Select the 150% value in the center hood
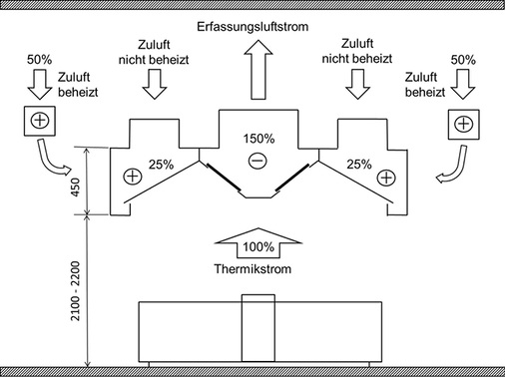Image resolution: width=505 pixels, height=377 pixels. pyautogui.click(x=256, y=137)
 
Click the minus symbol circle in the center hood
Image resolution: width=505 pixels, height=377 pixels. pyautogui.click(x=256, y=160)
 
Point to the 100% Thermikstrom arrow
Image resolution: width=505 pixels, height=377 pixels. pyautogui.click(x=256, y=243)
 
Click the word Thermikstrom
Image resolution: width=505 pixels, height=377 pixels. pyautogui.click(x=256, y=269)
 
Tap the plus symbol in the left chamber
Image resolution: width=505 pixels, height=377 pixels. pyautogui.click(x=131, y=177)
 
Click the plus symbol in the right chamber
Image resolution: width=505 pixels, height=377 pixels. pyautogui.click(x=383, y=177)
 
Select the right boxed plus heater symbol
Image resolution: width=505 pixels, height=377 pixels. pyautogui.click(x=461, y=124)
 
